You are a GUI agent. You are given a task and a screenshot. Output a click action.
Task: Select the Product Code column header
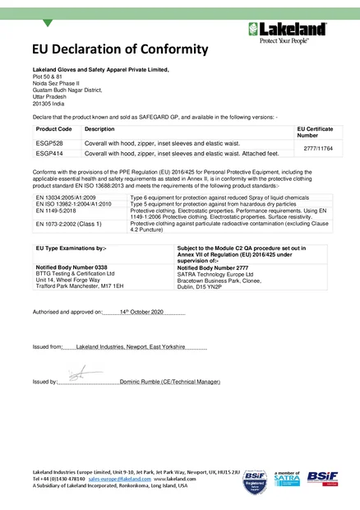point(53,130)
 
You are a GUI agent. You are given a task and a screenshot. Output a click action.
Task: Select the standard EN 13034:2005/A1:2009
point(66,198)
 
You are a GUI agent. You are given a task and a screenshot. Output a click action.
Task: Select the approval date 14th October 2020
point(141,313)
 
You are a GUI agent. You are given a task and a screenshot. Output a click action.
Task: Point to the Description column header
point(99,130)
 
